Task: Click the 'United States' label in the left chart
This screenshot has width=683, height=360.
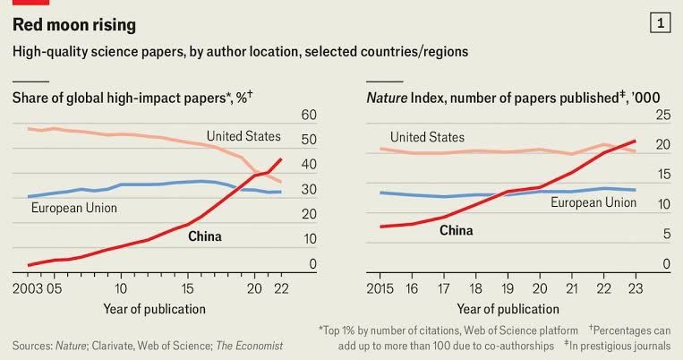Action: coord(243,136)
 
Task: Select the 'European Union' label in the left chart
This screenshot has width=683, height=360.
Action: coord(74,208)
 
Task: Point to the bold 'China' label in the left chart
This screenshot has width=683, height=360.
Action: coord(205,236)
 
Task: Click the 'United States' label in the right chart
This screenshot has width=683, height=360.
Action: coord(427,137)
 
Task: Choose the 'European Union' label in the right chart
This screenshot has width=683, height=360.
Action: coord(593,202)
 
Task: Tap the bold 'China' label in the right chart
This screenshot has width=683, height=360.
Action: coord(457,230)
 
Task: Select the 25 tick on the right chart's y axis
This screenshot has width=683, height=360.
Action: coord(663,116)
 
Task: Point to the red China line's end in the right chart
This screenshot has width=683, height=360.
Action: coord(635,141)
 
